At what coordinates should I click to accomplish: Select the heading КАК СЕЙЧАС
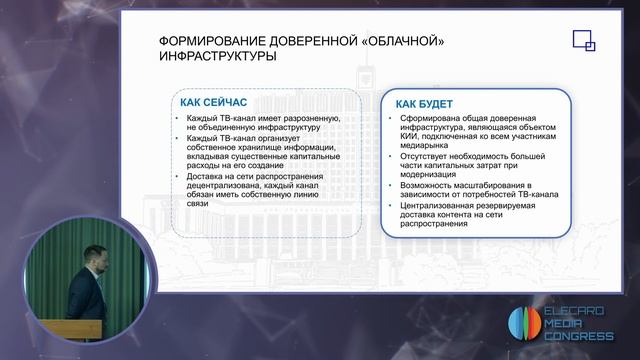point(214,102)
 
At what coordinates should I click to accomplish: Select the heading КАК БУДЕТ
point(423,104)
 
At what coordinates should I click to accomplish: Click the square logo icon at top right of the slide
point(583,41)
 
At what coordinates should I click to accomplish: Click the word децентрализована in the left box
point(228,186)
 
